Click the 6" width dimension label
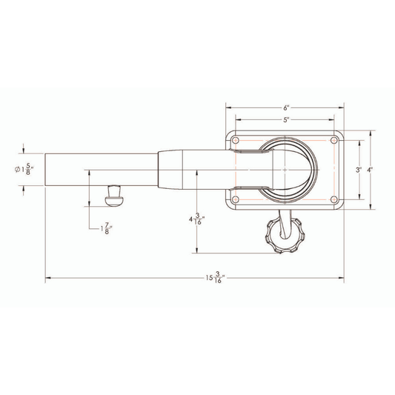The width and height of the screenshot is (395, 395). (285, 107)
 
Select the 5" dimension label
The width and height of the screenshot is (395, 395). (285, 120)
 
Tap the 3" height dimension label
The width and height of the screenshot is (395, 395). (359, 170)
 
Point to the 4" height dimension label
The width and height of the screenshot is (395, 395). (370, 170)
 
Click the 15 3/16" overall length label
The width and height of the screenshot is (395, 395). (215, 278)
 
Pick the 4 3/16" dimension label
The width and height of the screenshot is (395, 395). (196, 219)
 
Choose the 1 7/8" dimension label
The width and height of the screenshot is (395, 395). (107, 228)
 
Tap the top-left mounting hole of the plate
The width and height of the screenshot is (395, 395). (235, 140)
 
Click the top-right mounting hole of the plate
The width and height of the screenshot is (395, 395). (334, 140)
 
